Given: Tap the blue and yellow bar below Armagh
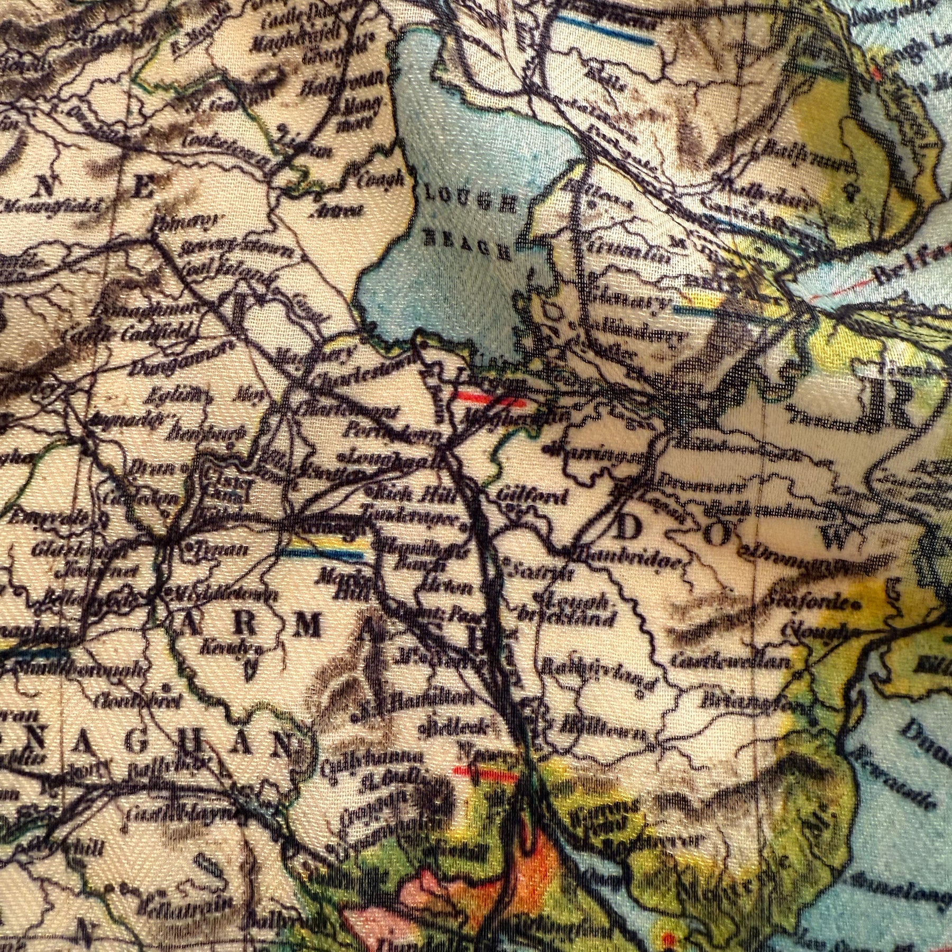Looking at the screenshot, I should (x=323, y=553).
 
